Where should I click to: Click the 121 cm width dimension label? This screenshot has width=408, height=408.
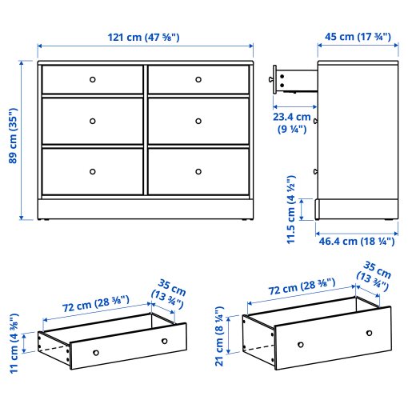pos(144,37)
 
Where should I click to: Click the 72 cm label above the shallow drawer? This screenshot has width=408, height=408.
pos(90,303)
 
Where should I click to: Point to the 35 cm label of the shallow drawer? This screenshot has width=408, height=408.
pos(170,294)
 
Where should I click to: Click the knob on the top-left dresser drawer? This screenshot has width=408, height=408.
pos(92,79)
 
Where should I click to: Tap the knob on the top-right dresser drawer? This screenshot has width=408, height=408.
pos(198,79)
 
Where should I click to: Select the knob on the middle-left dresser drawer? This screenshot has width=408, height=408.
pos(92,121)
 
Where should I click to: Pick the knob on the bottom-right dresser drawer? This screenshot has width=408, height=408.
pos(198,170)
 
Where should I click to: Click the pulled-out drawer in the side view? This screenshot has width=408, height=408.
pos(293,78)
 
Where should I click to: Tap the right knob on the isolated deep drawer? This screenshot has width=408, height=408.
pos(369,332)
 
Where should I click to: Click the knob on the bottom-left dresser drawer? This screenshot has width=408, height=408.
pos(92,170)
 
